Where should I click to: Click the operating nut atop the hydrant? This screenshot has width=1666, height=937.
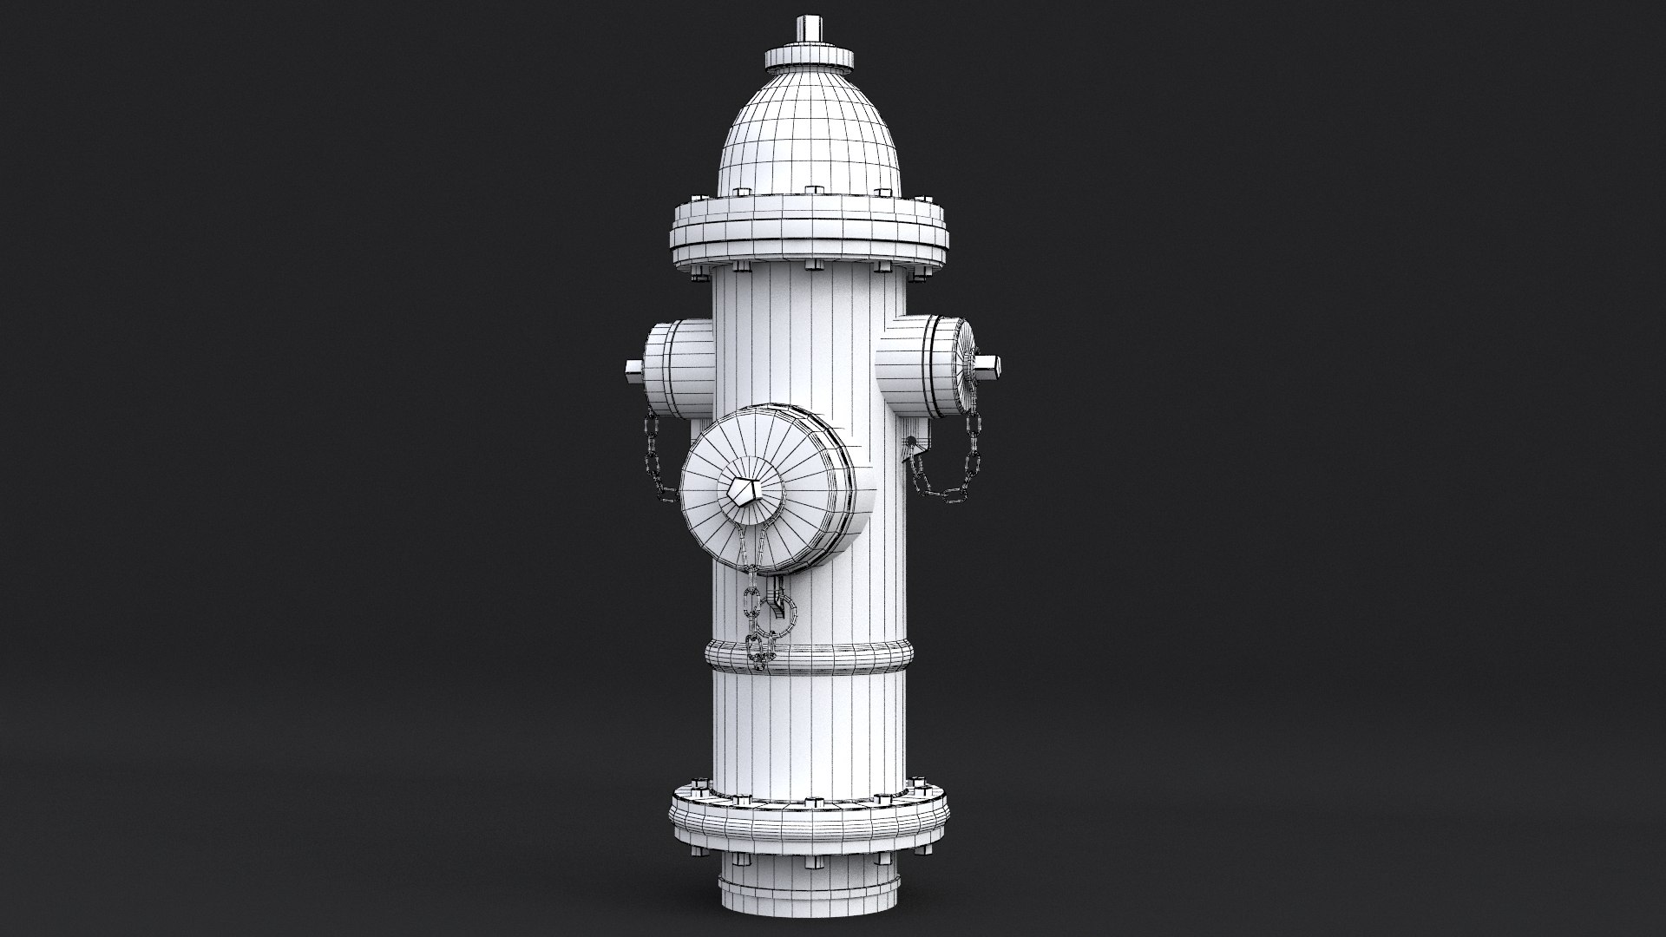[809, 28]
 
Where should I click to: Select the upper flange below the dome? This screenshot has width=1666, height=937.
[809, 230]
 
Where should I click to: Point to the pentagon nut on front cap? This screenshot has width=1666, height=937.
[745, 494]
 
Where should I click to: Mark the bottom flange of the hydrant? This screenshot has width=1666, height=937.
[809, 820]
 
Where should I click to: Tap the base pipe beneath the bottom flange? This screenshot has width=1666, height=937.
[809, 894]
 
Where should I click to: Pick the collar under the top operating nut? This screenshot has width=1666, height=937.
[809, 57]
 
